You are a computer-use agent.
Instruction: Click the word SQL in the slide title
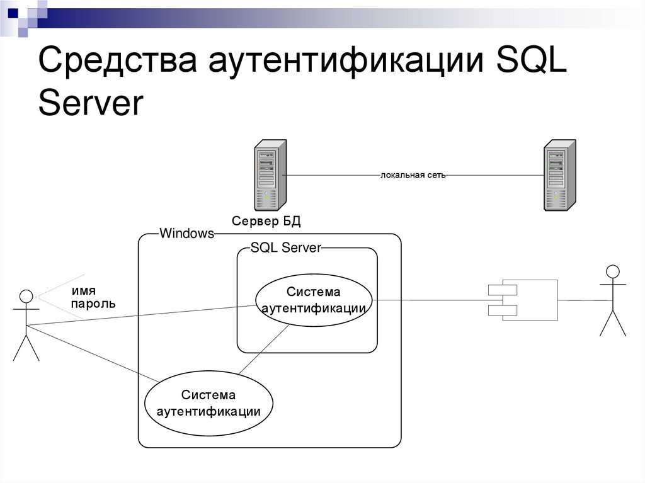[532, 65]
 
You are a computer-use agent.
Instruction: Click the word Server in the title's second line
[91, 104]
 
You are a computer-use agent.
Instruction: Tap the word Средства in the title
[117, 65]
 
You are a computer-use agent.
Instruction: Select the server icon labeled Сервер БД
[269, 175]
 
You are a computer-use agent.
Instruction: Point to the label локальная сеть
[413, 175]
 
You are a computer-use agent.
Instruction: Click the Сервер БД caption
[266, 220]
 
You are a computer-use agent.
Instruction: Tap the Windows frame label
[186, 234]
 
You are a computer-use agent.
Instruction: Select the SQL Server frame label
[285, 247]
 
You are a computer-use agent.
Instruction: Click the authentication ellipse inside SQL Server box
[313, 300]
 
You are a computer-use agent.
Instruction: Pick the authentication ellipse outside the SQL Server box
[208, 404]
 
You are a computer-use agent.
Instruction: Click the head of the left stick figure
[26, 295]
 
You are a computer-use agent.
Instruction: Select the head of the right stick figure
[612, 271]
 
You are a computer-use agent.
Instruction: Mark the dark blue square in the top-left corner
[13, 12]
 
